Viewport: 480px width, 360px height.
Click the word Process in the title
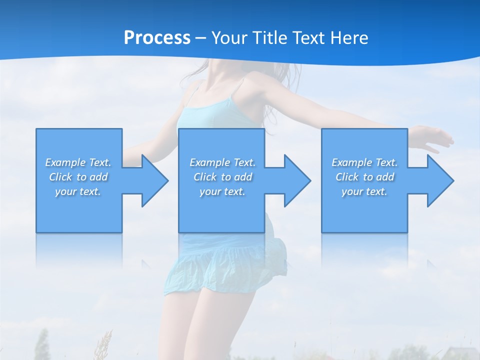157,38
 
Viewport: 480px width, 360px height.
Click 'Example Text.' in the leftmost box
78,162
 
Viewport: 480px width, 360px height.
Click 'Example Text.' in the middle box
222,162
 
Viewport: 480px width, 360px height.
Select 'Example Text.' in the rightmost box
364,162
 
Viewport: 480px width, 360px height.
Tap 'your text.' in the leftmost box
78,191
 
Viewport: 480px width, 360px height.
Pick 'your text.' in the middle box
222,191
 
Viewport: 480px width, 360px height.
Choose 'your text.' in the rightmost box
364,191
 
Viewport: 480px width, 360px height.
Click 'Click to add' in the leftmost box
78,177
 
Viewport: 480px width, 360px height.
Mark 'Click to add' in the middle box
222,177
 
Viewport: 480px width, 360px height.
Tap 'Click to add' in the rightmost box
364,177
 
